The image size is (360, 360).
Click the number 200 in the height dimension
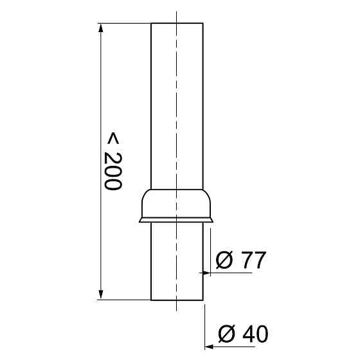113,171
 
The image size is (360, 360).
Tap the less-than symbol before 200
113,138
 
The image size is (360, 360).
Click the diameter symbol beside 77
224,260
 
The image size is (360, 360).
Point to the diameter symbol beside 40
227,334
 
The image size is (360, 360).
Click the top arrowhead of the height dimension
100,28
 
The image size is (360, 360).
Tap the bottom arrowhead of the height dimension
100,294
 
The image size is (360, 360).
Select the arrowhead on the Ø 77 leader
206,273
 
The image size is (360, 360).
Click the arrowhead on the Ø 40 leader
209,346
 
